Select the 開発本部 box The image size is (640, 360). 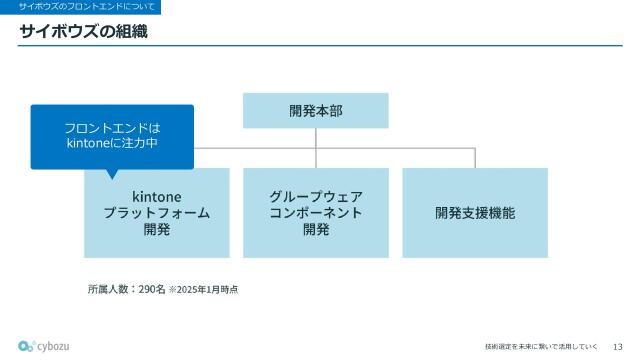click(315, 111)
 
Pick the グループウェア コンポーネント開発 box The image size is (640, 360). click(315, 213)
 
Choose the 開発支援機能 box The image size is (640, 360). click(475, 213)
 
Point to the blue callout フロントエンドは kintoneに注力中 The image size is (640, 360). click(112, 136)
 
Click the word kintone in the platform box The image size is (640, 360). click(157, 196)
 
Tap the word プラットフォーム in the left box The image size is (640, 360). click(157, 213)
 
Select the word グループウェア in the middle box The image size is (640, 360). click(315, 196)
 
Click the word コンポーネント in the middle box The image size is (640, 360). click(315, 213)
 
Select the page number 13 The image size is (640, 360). click(617, 346)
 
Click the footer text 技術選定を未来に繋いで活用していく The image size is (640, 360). click(541, 346)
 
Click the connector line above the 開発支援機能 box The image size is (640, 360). click(475, 158)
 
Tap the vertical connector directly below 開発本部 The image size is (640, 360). click(316, 138)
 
